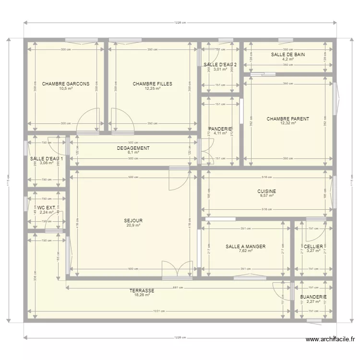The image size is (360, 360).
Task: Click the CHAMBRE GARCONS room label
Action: click(65, 84)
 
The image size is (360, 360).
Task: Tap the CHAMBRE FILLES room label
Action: click(152, 84)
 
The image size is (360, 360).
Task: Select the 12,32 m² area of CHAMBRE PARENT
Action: click(288, 123)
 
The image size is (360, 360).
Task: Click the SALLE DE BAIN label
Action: click(288, 55)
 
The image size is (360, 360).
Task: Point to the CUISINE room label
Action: click(266, 191)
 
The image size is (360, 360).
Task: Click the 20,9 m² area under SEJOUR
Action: click(133, 225)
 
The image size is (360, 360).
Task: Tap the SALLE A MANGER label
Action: click(245, 247)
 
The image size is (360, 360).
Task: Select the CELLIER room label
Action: click(313, 247)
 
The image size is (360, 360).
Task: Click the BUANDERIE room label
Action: click(313, 297)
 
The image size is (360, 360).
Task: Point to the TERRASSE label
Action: click(142, 291)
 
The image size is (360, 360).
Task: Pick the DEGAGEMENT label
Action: click(133, 148)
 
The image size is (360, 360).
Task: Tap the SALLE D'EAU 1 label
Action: click(47, 158)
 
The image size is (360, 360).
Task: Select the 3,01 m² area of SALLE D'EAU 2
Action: click(220, 69)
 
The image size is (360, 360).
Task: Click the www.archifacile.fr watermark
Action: click(331, 339)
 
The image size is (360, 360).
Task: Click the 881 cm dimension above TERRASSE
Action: click(178, 288)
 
